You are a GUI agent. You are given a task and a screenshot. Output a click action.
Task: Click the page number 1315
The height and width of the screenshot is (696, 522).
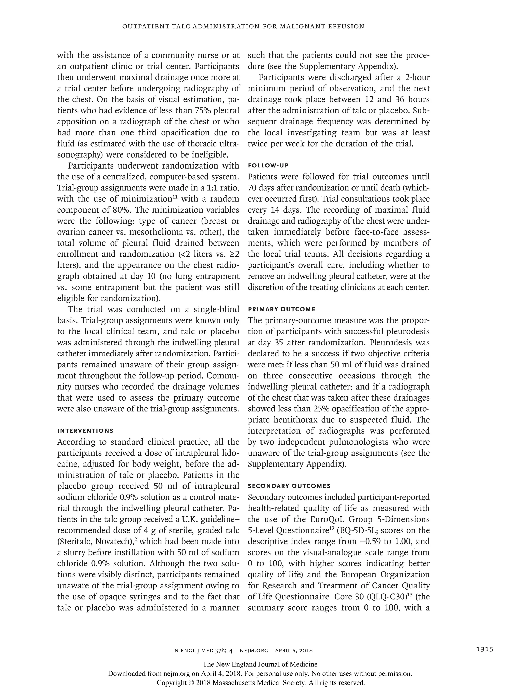click(484, 649)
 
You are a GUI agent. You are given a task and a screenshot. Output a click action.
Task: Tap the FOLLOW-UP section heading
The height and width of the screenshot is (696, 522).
click(268, 166)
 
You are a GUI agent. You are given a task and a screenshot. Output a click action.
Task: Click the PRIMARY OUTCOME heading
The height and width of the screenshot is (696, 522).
click(281, 309)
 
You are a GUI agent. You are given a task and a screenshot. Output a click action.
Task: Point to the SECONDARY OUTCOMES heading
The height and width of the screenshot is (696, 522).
click(289, 486)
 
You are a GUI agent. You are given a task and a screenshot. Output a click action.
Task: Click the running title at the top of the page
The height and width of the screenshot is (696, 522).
click(243, 27)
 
